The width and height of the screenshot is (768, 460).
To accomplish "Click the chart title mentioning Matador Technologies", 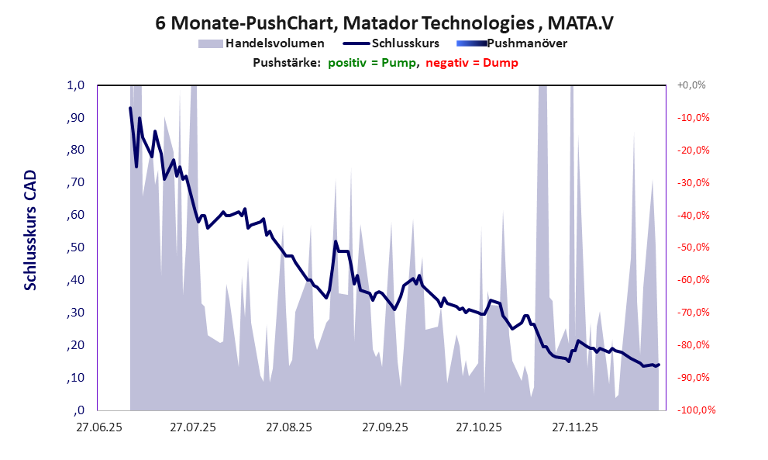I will click(384, 23).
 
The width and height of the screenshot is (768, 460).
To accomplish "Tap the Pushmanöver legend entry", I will click(526, 43).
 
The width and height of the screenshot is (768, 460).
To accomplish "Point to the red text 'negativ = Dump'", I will click(472, 63).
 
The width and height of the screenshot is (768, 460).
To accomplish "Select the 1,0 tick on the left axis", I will click(74, 85).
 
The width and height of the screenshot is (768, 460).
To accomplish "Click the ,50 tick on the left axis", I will click(74, 247).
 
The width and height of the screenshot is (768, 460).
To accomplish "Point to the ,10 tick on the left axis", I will click(74, 378).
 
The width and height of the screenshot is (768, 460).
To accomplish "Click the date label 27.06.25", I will click(98, 427).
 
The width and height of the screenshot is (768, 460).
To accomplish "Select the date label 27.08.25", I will click(289, 427).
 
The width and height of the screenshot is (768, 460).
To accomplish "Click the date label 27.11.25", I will click(575, 427).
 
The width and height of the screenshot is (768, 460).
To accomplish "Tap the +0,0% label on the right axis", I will click(691, 85).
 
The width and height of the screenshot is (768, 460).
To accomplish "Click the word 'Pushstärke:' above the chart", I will click(287, 63).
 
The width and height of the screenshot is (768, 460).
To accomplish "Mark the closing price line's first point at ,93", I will click(130, 108).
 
